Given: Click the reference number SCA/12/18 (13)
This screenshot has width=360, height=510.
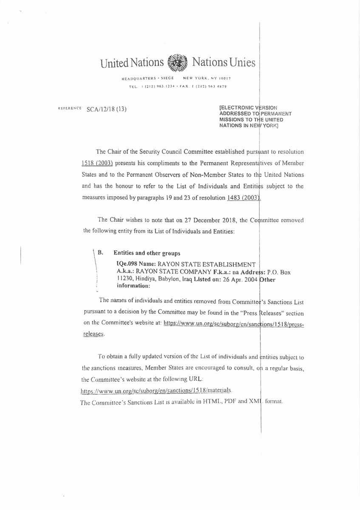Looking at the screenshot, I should pyautogui.click(x=106, y=109).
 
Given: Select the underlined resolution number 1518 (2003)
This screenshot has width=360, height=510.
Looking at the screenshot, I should pyautogui.click(x=97, y=163).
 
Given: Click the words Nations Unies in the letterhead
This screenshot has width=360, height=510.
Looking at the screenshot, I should pyautogui.click(x=224, y=63).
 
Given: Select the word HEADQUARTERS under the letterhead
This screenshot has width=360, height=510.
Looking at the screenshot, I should pyautogui.click(x=137, y=79).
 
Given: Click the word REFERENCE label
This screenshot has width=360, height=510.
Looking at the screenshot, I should pyautogui.click(x=70, y=109).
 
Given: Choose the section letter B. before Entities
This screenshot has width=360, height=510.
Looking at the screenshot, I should pyautogui.click(x=101, y=252).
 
